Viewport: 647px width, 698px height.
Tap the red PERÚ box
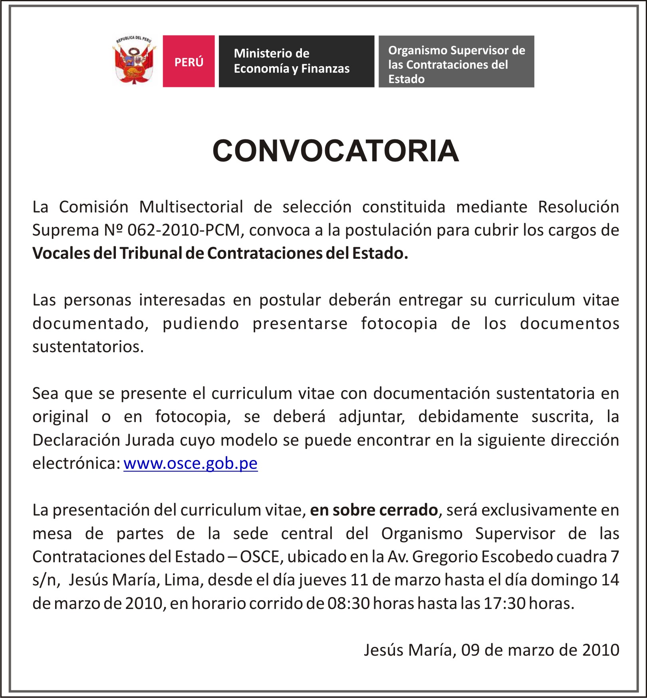coord(189,61)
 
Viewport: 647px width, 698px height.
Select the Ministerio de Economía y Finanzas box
coord(296,61)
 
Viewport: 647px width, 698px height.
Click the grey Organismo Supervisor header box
coord(456,61)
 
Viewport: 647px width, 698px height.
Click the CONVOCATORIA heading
coord(335,151)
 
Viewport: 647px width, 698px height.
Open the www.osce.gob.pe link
coord(191,463)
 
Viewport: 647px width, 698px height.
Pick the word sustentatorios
coord(88,347)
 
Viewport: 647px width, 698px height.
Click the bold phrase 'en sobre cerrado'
coord(374,510)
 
